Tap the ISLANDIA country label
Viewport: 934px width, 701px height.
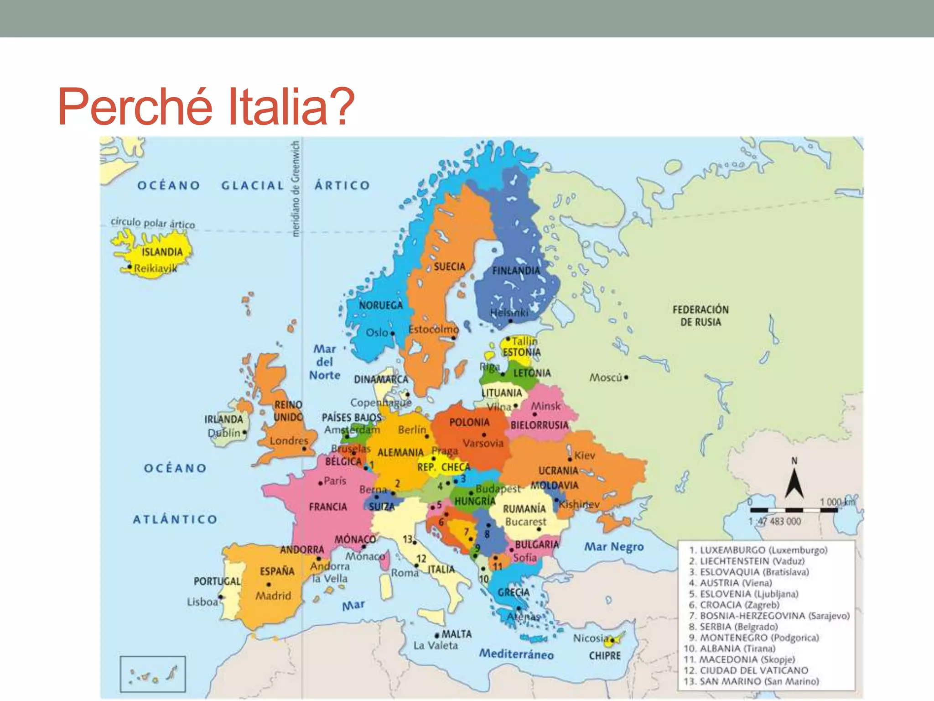[162, 252]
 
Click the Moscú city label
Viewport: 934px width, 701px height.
[606, 377]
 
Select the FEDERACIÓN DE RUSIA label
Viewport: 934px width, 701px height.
[700, 316]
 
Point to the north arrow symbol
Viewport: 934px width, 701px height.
[794, 481]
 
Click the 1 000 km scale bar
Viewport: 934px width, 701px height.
[794, 510]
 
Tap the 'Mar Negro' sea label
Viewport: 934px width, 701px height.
[614, 546]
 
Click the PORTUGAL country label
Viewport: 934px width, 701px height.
[217, 581]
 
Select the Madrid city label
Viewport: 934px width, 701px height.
[273, 596]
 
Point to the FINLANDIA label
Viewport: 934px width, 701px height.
[516, 271]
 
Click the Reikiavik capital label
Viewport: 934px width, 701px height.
[156, 268]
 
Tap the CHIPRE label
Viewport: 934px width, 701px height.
[605, 656]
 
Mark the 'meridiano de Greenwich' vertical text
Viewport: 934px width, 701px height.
[296, 188]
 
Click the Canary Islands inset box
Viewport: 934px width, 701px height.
[153, 674]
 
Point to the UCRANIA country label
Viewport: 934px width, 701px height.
[558, 471]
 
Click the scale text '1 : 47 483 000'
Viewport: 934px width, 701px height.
[774, 521]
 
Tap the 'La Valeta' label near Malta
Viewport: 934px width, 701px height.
[436, 645]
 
